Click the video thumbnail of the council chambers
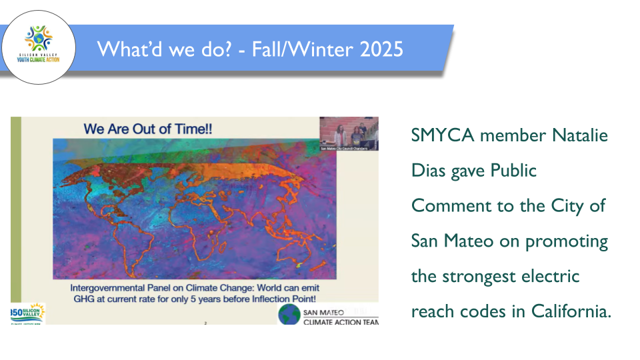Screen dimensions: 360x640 click(x=349, y=133)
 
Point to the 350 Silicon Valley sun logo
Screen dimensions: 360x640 click(x=27, y=313)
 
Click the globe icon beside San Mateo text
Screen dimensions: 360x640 click(x=289, y=315)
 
